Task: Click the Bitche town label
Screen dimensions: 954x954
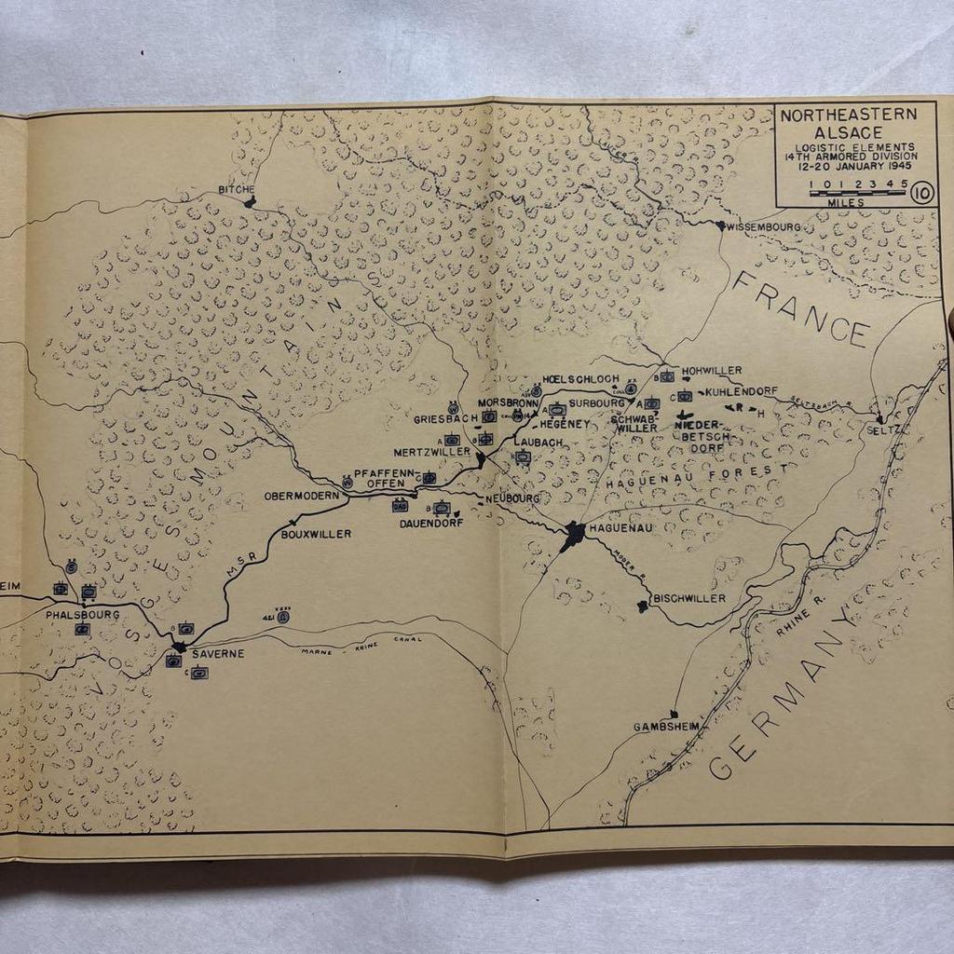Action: [236, 189]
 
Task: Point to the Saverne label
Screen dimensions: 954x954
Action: [218, 653]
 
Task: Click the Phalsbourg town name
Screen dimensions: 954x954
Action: [83, 615]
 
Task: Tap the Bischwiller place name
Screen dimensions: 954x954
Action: [690, 598]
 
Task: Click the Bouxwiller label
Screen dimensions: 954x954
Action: [316, 534]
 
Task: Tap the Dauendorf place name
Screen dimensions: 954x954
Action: [430, 524]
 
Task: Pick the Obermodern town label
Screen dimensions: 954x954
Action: [301, 496]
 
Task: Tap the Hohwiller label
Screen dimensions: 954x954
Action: [712, 370]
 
